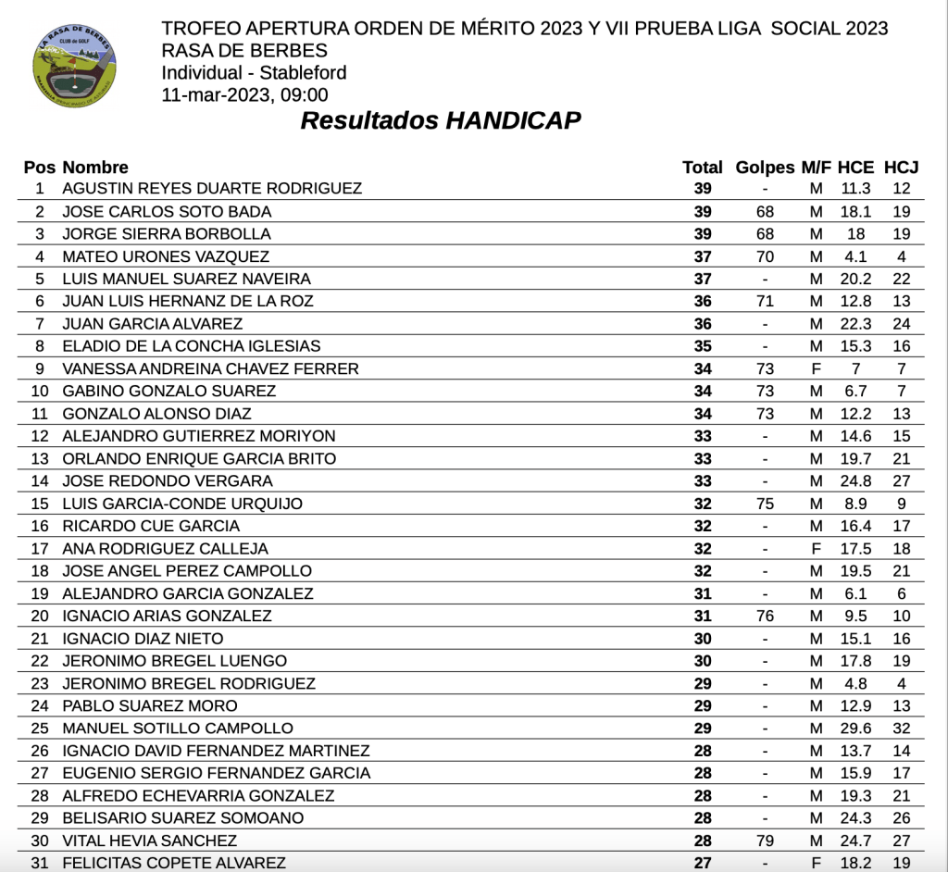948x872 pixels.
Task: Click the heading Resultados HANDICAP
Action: tap(441, 121)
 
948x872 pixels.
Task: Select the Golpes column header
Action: tap(765, 168)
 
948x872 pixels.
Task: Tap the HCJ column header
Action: tap(901, 168)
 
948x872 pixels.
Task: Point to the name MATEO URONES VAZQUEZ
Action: tap(166, 256)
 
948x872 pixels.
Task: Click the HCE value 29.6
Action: tap(855, 729)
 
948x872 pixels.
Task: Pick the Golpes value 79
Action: tap(765, 841)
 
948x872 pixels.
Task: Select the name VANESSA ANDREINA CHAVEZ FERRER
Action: tap(210, 369)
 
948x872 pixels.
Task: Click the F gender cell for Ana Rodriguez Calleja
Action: tap(816, 549)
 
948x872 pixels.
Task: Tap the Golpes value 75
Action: tap(765, 504)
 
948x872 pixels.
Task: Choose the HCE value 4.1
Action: tap(855, 256)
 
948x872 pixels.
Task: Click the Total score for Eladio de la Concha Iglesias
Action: tap(703, 346)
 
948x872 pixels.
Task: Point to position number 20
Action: tap(40, 617)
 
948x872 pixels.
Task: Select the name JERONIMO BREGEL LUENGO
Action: tap(174, 661)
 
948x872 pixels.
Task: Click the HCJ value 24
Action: tap(901, 324)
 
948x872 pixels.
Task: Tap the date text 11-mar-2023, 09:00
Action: tap(244, 94)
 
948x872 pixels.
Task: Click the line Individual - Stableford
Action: tap(254, 73)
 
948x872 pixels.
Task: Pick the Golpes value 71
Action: tap(765, 301)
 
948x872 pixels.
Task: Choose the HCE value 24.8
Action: tap(855, 481)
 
